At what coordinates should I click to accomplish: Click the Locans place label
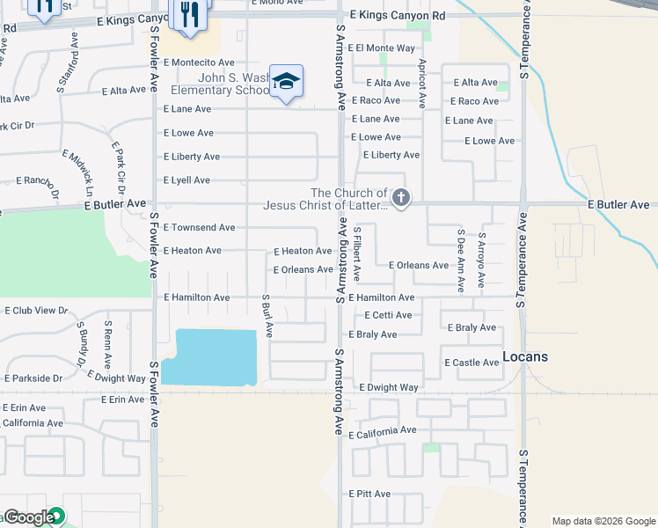[x=525, y=356]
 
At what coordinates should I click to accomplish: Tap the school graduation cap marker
[x=286, y=82]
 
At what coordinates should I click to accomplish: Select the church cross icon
[x=401, y=198]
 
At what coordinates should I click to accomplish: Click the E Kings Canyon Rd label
[x=398, y=16]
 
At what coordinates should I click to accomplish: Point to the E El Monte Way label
[x=381, y=48]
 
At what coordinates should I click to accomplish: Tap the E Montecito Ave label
[x=199, y=62]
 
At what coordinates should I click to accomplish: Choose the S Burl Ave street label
[x=267, y=316]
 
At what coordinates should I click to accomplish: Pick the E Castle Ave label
[x=472, y=363]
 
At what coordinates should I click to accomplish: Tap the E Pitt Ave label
[x=369, y=494]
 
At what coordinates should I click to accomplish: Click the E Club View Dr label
[x=36, y=311]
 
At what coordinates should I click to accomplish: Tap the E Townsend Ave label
[x=199, y=227]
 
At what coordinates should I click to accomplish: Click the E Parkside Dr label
[x=33, y=378]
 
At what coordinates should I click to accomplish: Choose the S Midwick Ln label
[x=89, y=171]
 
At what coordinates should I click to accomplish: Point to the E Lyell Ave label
[x=186, y=180]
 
